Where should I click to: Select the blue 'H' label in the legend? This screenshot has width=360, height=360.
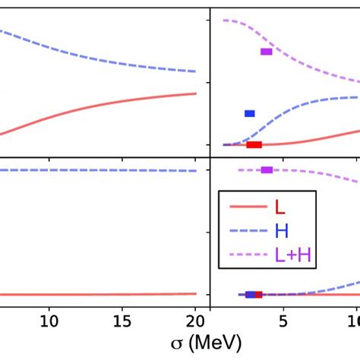[282, 232]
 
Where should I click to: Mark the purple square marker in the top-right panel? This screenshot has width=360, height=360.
[266, 52]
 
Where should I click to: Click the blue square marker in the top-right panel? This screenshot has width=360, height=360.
[249, 113]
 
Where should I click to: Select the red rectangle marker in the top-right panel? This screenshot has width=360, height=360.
[254, 144]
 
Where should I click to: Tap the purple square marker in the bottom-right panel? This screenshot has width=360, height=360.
[266, 169]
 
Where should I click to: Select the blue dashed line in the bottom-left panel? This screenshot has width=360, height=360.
[99, 170]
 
